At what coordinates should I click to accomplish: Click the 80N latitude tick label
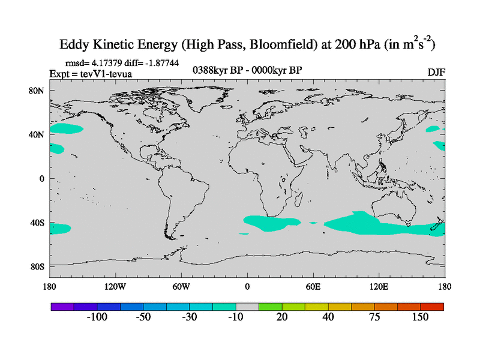coord(37,91)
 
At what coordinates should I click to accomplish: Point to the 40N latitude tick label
coord(37,134)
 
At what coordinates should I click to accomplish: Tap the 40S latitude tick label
coord(38,223)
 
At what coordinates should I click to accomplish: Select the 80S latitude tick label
coord(38,266)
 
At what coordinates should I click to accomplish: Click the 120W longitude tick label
coord(115,286)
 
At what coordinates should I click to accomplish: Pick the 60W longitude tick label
coord(181,286)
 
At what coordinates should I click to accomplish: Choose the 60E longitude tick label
coord(313,286)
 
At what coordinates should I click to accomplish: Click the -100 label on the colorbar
coord(97,317)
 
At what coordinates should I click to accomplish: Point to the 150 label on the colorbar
coord(421,317)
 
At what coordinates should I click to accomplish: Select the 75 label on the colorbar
coord(374,317)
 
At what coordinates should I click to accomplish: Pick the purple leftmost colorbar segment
coord(62,307)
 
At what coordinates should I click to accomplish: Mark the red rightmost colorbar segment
coord(432,307)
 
